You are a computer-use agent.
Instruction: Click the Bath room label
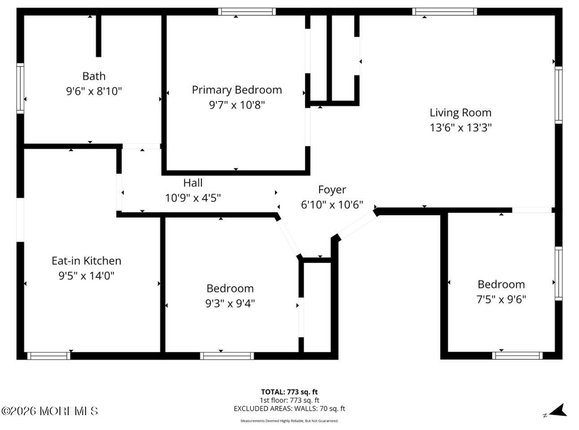pos(94,76)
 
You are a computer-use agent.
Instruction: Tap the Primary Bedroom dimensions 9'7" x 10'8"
pos(237,105)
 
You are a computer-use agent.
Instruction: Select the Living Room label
pos(461,113)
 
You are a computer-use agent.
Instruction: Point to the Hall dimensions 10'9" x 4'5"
pos(193,198)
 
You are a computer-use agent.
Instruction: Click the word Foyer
pos(332,190)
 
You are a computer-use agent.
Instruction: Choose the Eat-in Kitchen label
pos(87,261)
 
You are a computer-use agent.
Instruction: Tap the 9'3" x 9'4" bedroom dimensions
pos(230,303)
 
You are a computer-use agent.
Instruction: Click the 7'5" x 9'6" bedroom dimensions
pos(501,299)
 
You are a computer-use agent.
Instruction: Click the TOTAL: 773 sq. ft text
pos(289,392)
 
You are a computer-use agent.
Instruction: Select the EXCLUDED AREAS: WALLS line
pos(289,408)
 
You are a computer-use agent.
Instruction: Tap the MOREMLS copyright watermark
pos(50,411)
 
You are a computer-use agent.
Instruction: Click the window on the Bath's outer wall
pos(20,89)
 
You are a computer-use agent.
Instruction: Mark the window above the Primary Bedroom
pos(247,12)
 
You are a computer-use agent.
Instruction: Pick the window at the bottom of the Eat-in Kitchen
pos(49,356)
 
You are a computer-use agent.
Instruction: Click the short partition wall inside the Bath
pos(98,36)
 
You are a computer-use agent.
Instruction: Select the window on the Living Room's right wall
pos(559,95)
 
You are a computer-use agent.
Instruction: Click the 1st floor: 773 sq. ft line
pos(289,400)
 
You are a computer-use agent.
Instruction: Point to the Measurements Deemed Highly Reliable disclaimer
pos(289,421)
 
